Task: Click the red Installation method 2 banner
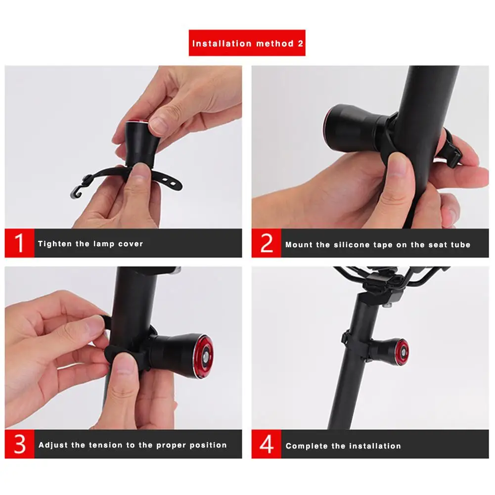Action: point(247,43)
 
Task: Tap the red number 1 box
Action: point(19,243)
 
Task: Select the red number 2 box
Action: point(266,243)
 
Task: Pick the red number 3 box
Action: point(19,444)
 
